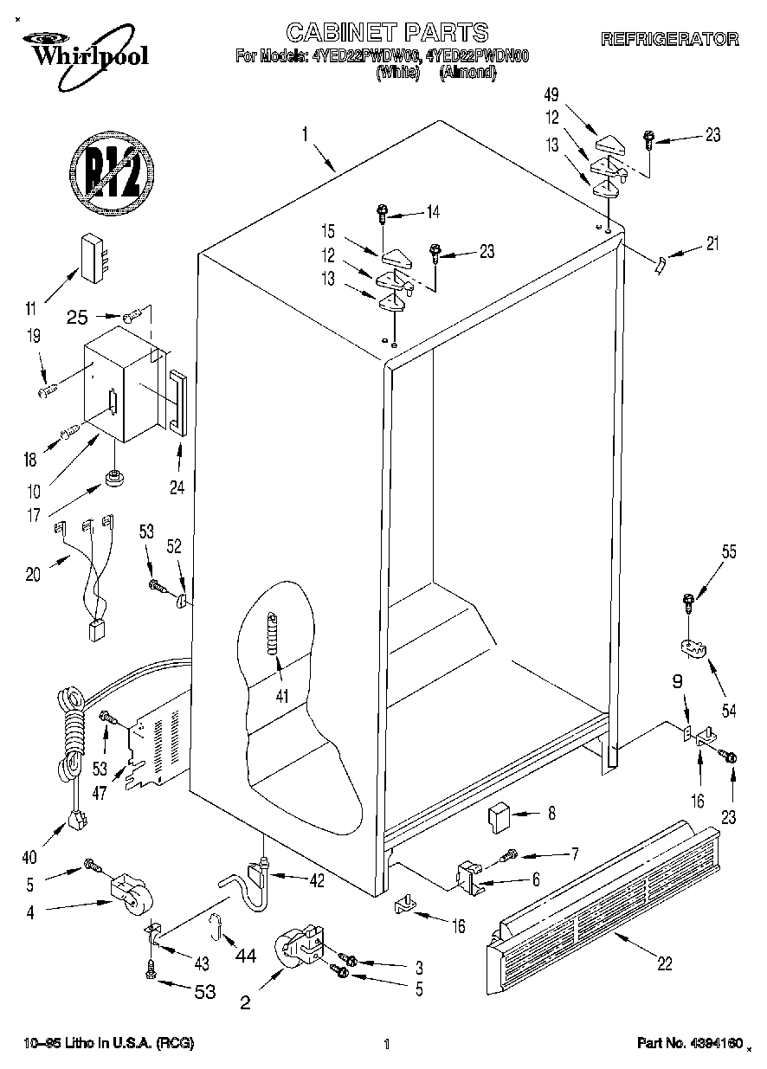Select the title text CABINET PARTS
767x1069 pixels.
[x=387, y=33]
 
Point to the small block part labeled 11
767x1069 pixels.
[x=94, y=256]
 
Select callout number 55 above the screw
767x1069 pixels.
[x=729, y=551]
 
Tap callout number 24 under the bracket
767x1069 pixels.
[x=177, y=486]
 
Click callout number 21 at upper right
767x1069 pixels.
[x=712, y=244]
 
